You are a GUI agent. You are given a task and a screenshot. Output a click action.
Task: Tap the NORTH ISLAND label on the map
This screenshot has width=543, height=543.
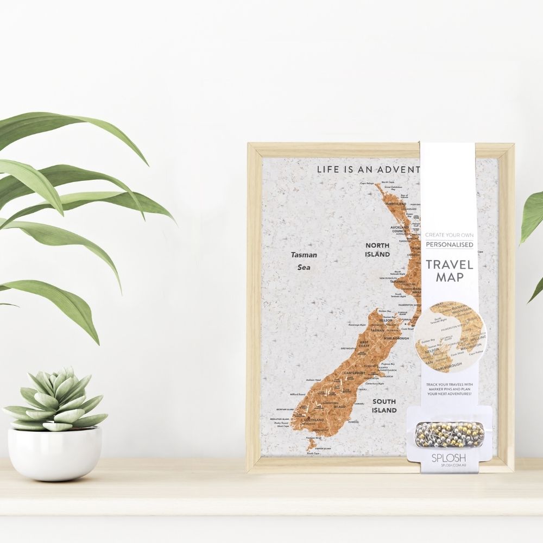pyautogui.click(x=377, y=250)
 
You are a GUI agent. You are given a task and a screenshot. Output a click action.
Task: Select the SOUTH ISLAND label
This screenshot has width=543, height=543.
pyautogui.click(x=384, y=406)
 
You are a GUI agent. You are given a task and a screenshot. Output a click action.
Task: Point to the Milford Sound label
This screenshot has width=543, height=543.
pyautogui.click(x=298, y=394)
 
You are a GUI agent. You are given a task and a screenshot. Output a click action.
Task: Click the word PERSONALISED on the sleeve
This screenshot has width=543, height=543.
pyautogui.click(x=449, y=245)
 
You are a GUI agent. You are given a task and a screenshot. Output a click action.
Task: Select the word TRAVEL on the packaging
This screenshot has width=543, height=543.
pyautogui.click(x=449, y=265)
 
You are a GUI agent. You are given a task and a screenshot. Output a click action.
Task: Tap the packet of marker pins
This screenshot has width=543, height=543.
pyautogui.click(x=449, y=433)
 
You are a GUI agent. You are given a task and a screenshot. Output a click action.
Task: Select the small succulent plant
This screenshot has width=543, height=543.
pyautogui.click(x=56, y=399)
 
